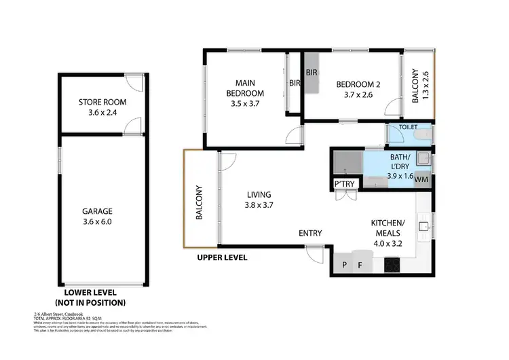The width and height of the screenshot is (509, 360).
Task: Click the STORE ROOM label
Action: (x=102, y=103)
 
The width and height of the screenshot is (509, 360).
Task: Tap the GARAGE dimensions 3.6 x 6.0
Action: (x=102, y=221)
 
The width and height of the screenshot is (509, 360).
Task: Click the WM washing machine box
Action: (x=421, y=179)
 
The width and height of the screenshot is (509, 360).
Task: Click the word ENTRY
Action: (x=310, y=234)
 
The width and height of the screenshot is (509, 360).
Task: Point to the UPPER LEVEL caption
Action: (x=222, y=258)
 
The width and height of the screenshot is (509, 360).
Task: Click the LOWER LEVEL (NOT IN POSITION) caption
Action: (x=90, y=298)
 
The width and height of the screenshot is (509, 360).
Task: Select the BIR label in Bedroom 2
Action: (x=312, y=72)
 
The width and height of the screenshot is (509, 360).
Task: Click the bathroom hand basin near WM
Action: (x=421, y=159)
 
